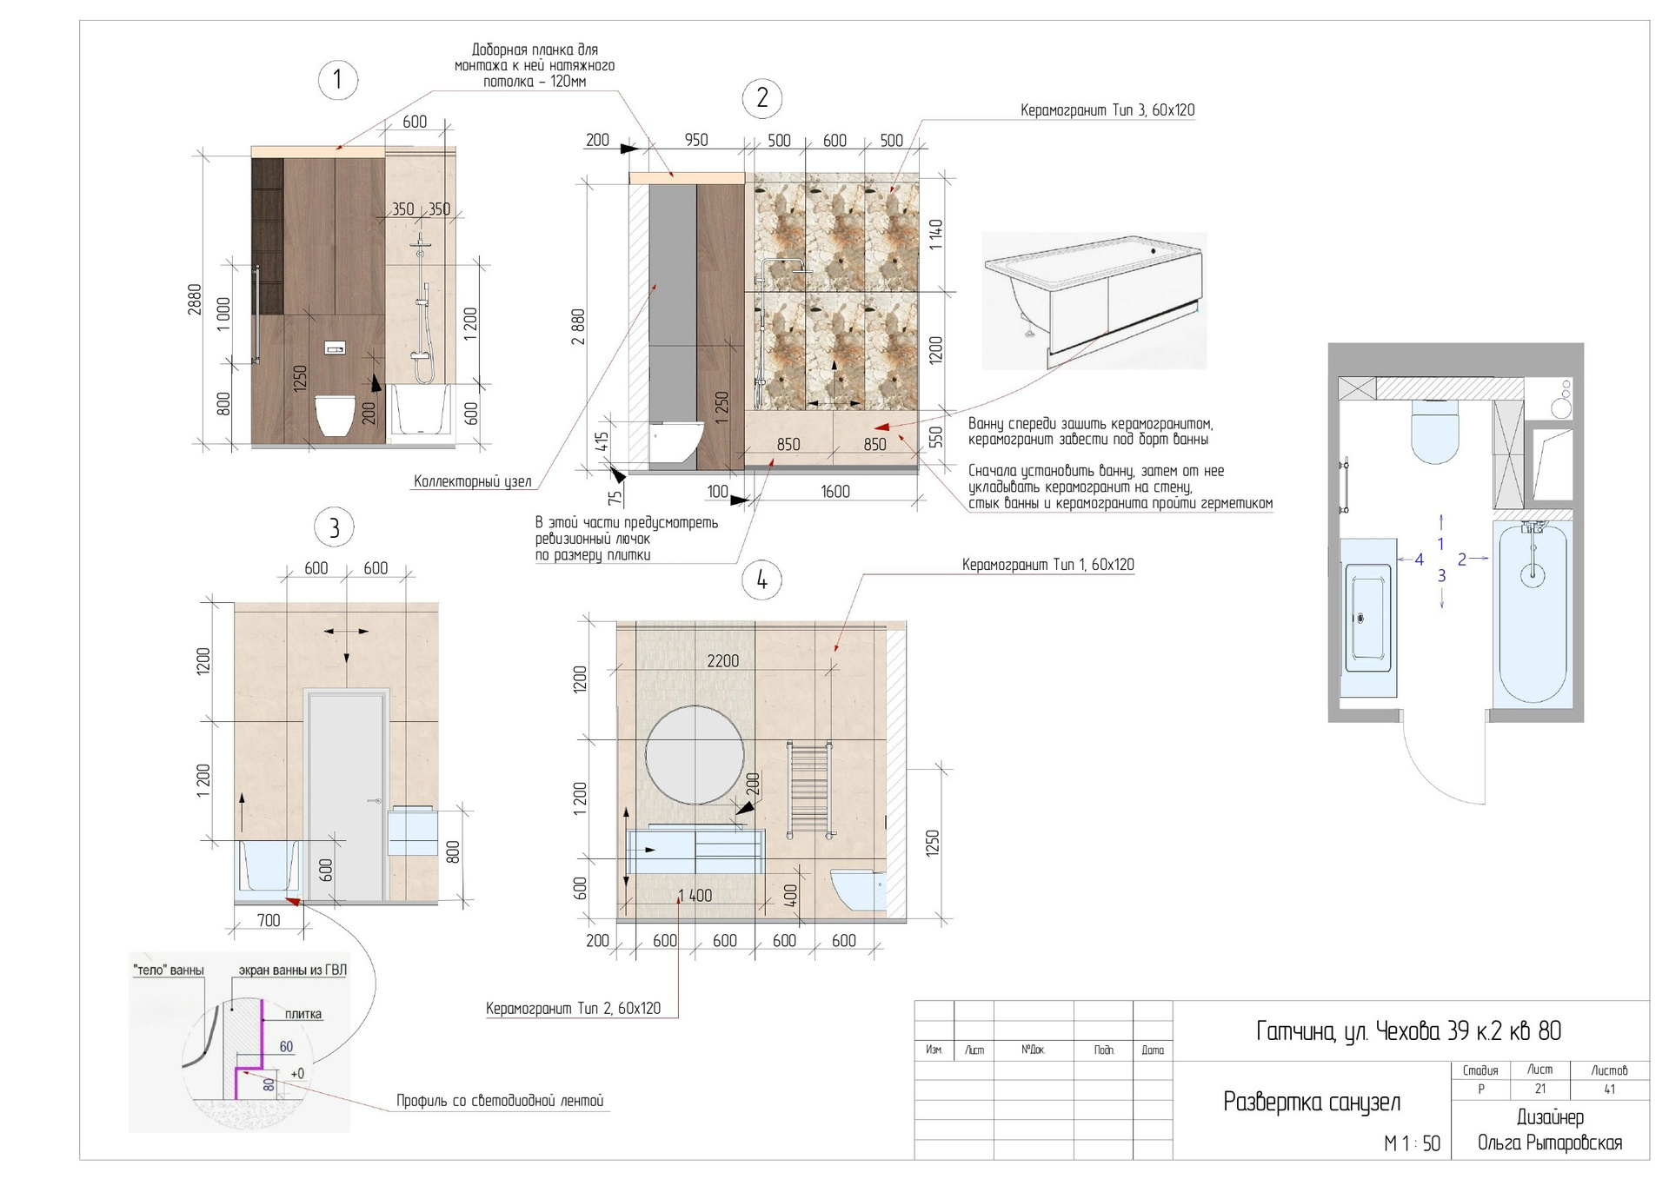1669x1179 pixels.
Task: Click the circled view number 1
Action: [x=337, y=80]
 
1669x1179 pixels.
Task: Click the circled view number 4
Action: [x=762, y=580]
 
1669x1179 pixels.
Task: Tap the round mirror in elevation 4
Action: [x=695, y=755]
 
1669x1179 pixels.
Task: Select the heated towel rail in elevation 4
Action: [x=809, y=789]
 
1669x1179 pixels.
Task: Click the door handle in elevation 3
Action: [x=376, y=801]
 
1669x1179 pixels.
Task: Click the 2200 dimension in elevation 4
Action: [x=723, y=661]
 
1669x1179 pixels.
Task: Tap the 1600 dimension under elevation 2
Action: [x=835, y=492]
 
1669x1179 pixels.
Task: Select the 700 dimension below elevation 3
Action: [x=269, y=920]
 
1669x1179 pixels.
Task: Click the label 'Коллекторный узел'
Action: [x=472, y=481]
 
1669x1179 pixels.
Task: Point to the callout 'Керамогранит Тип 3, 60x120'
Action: [x=1107, y=110]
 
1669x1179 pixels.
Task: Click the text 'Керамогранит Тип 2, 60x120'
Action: [x=573, y=1009]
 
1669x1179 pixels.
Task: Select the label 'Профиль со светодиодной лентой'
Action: [x=500, y=1101]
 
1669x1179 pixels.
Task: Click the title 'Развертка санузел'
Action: [x=1312, y=1102]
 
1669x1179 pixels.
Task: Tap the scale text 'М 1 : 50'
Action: [x=1412, y=1143]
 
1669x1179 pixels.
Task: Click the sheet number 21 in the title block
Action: [x=1539, y=1089]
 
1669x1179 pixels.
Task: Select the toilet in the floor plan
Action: [x=1433, y=429]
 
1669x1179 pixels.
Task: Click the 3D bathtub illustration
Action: [x=1094, y=301]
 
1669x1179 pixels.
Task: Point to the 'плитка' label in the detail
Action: [x=303, y=1014]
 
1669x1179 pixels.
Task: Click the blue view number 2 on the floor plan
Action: [x=1462, y=560]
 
